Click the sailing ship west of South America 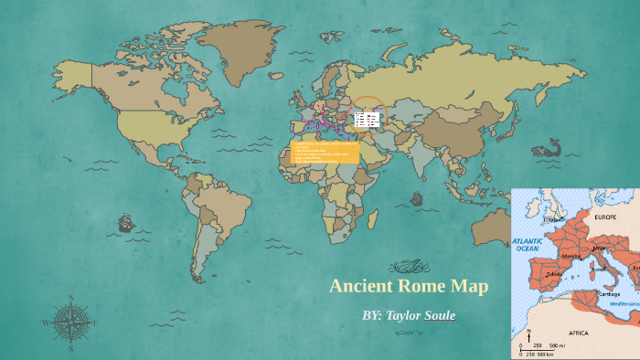pos(124,222)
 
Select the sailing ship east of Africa pos(417,198)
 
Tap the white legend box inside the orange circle pos(368,119)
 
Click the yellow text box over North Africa pos(325,153)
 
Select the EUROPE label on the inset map pos(606,219)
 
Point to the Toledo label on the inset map pos(554,273)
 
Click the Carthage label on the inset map pos(609,294)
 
